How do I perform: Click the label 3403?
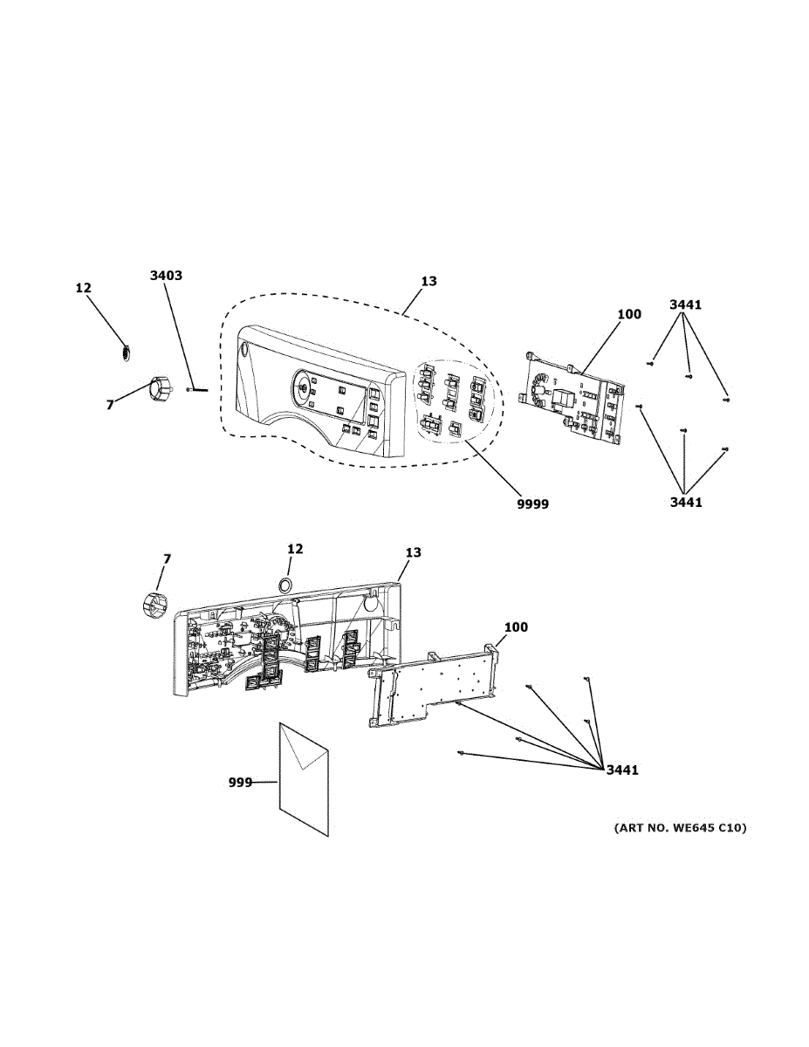(x=166, y=276)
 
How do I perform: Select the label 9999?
(x=531, y=503)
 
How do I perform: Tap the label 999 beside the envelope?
(x=240, y=783)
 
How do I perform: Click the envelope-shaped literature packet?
(x=303, y=777)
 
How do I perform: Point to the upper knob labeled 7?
(x=159, y=387)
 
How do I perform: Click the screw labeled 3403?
(x=198, y=390)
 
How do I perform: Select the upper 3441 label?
(x=685, y=305)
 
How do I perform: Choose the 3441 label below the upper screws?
(x=685, y=502)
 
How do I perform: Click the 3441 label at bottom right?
(x=622, y=770)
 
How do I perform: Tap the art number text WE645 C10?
(x=681, y=827)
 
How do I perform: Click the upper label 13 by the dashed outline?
(x=428, y=282)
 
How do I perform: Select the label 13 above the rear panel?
(x=413, y=552)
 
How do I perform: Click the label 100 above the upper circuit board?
(x=628, y=314)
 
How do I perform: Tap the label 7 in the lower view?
(x=167, y=558)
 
